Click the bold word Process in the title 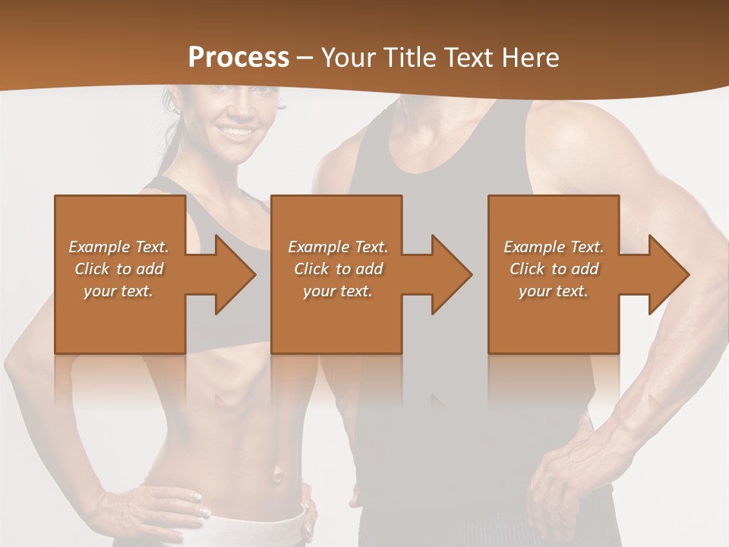click(238, 57)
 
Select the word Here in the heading click(529, 57)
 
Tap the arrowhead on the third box click(667, 274)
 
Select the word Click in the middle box click(311, 268)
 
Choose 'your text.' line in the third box click(554, 290)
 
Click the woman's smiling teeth click(238, 131)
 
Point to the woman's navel click(277, 475)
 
